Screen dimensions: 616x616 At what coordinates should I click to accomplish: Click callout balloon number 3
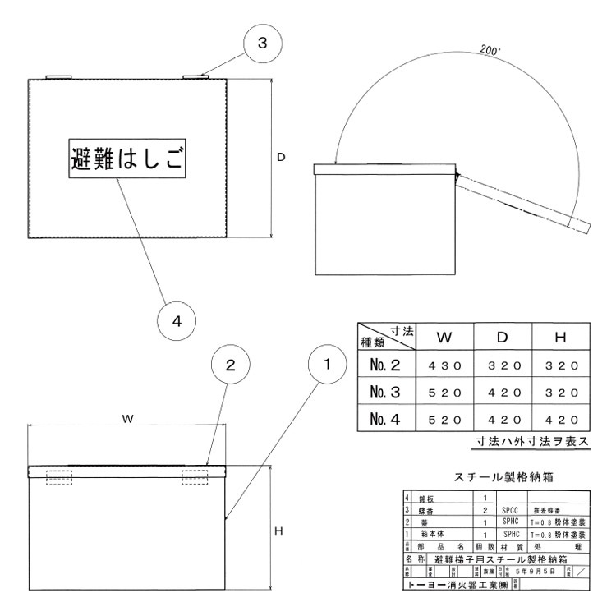click(261, 44)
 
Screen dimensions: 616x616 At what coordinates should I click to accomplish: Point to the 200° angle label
click(491, 50)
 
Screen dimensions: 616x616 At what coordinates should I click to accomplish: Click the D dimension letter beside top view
click(281, 157)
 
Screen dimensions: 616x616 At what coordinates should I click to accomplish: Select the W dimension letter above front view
click(128, 418)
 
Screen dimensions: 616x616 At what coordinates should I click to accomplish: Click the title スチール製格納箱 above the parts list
click(502, 476)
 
